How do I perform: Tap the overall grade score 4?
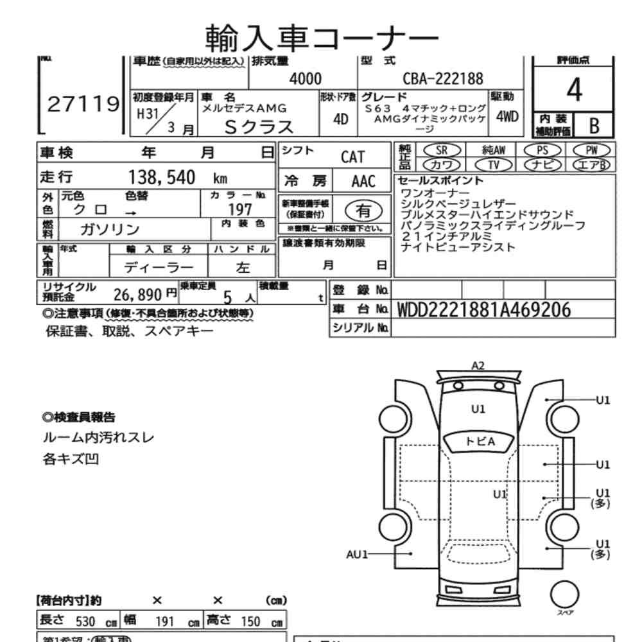click(574, 91)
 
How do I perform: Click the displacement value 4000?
click(305, 79)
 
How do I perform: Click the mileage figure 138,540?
click(162, 178)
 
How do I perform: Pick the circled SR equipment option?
click(441, 150)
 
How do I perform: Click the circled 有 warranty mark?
click(363, 209)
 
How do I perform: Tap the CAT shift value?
click(352, 157)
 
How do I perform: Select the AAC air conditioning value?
click(363, 182)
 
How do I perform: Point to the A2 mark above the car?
click(478, 365)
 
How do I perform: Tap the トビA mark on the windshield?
click(480, 441)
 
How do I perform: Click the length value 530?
click(85, 621)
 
